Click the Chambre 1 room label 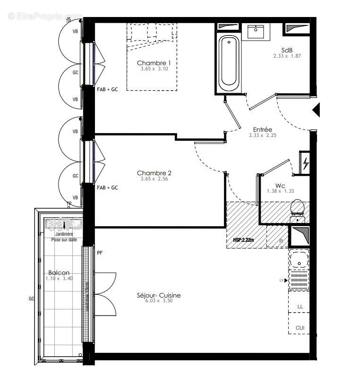154,63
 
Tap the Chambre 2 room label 154,173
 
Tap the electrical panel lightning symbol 305,163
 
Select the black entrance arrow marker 317,110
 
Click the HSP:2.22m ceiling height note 244,240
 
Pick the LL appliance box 300,307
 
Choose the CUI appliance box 300,328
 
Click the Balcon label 59,273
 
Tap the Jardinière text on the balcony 64,234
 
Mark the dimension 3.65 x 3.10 154,69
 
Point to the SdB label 286,50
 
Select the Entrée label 262,129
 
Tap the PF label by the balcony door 100,253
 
